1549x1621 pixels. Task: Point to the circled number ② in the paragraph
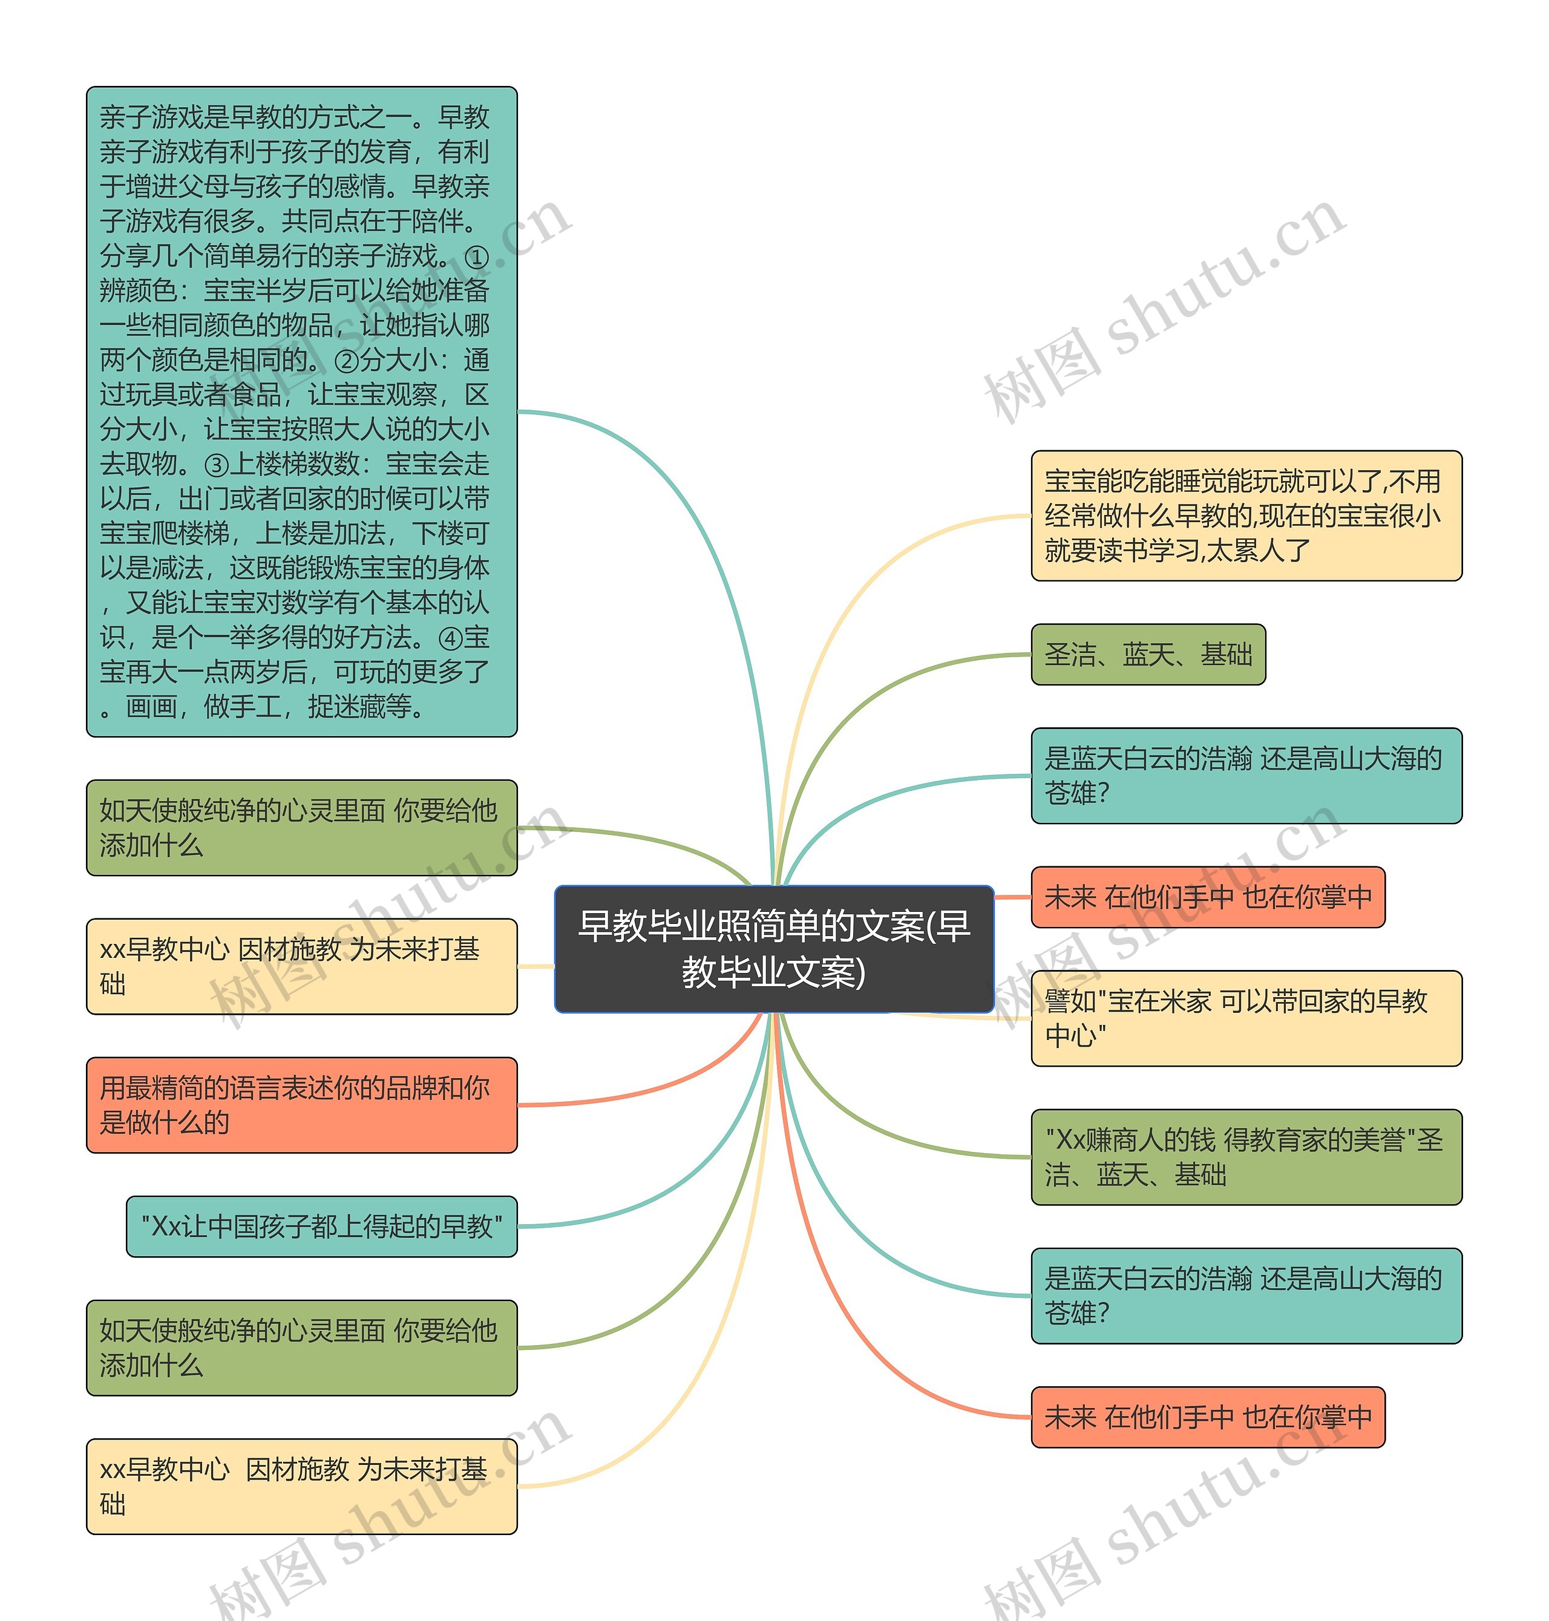(x=347, y=361)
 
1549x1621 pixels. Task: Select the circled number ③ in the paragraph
(x=217, y=465)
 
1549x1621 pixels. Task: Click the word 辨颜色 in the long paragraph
(x=138, y=292)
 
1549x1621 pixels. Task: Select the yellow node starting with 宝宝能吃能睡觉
(x=1245, y=516)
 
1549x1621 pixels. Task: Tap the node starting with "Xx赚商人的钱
(x=1245, y=1156)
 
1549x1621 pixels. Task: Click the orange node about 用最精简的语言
(x=301, y=1105)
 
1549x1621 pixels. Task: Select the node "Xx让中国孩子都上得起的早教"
(x=321, y=1226)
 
